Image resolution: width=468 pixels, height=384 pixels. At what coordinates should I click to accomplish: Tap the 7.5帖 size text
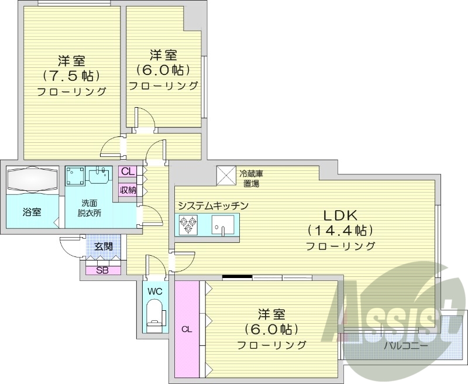pos(71,76)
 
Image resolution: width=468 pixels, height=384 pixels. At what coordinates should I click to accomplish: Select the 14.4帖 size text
pos(340,230)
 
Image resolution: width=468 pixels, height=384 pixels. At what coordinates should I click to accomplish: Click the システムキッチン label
pos(214,205)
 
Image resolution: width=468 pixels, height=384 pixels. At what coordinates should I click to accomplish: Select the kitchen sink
pos(223,224)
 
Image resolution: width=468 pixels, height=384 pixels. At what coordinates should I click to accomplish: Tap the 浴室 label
pos(32,212)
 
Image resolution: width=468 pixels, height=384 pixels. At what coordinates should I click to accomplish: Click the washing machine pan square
pos(75,175)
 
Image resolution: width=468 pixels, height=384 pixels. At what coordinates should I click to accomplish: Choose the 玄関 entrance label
pos(104,246)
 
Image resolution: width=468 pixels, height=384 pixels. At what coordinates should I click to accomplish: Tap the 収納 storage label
pos(128,190)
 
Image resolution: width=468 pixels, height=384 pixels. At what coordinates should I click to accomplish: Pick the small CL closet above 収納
pos(128,172)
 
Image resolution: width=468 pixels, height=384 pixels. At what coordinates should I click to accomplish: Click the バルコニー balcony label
pos(405,345)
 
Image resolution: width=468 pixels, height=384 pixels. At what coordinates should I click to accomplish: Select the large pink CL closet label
pos(187,329)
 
